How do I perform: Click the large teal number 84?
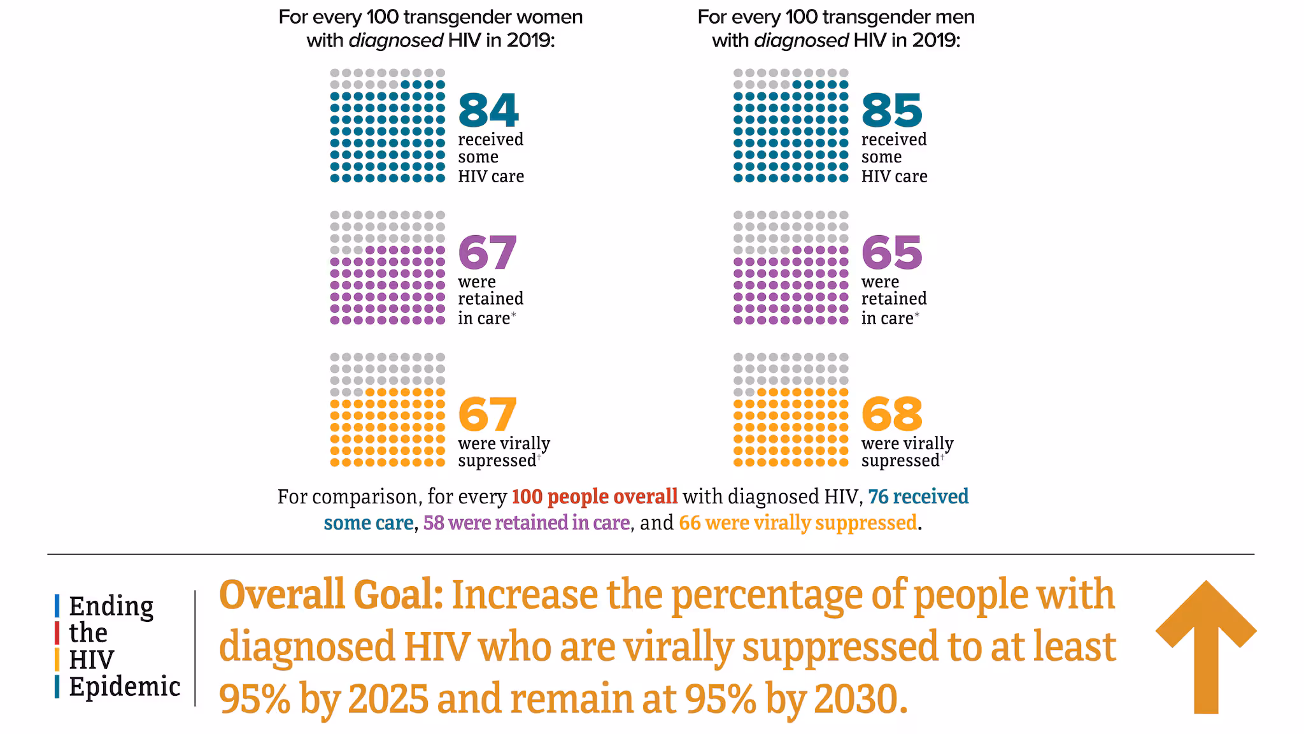click(x=488, y=111)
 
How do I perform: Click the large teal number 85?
click(x=891, y=111)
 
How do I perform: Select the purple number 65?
click(x=891, y=253)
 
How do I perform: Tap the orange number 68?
click(x=891, y=414)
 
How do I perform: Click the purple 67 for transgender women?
click(x=488, y=253)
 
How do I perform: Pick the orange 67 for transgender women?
click(x=488, y=414)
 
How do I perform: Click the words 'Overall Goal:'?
click(x=331, y=594)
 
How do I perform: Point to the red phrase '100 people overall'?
click(x=595, y=497)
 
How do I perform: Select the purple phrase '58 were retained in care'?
click(x=527, y=523)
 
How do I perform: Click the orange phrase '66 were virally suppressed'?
click(x=798, y=523)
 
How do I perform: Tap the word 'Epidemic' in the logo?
click(x=125, y=687)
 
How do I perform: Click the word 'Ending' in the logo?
click(x=111, y=607)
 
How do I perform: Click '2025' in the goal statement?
click(x=388, y=699)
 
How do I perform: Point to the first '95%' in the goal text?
click(x=255, y=699)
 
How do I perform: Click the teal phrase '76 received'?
click(x=918, y=497)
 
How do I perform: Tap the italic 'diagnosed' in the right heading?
click(x=801, y=41)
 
